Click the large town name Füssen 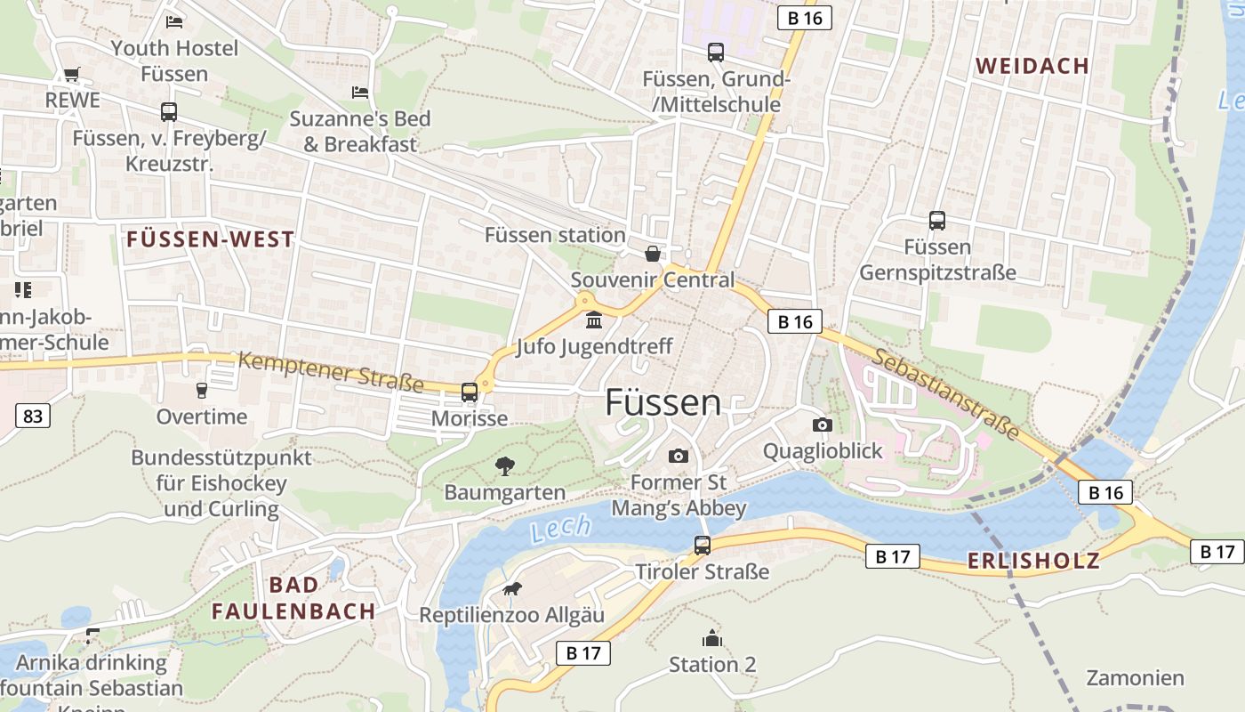(663, 403)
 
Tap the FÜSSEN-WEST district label (210, 239)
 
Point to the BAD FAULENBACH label (293, 598)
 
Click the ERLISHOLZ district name (1033, 561)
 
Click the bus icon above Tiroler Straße (703, 545)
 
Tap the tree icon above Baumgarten (505, 465)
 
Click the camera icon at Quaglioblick (823, 425)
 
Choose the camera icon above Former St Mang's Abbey (679, 456)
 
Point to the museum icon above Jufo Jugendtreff (594, 320)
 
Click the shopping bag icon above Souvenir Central (653, 254)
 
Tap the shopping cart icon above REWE (72, 75)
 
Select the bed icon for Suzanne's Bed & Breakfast (360, 93)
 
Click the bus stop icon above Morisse (469, 392)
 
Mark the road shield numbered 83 (32, 415)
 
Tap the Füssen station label (555, 235)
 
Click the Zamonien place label (1135, 678)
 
